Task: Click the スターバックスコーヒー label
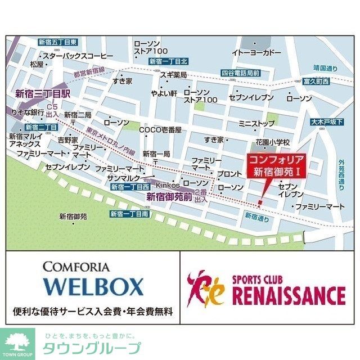coord(78,56)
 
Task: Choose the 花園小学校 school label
coord(272,142)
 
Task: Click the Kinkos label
coord(167,184)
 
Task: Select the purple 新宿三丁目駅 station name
coord(42,94)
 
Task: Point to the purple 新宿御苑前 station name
coord(169,197)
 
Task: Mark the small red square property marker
coord(260,202)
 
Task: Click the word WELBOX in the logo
coord(93,286)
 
